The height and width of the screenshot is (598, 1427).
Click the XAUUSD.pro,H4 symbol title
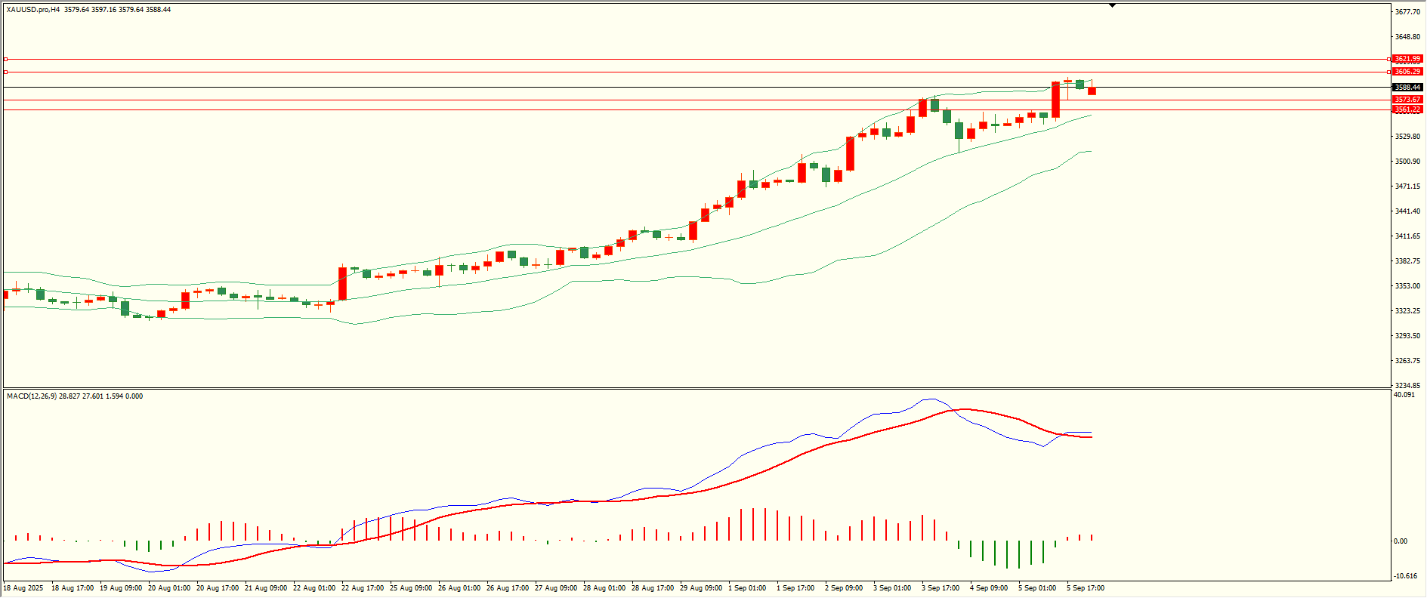click(x=33, y=10)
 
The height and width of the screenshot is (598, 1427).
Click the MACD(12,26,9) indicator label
click(x=31, y=396)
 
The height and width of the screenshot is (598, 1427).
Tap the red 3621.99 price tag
click(x=1407, y=59)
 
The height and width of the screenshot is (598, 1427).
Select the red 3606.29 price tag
click(x=1407, y=72)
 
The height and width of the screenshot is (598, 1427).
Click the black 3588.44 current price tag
click(x=1407, y=88)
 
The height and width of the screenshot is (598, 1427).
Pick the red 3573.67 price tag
click(x=1407, y=100)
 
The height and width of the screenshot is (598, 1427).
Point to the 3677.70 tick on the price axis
click(x=1407, y=12)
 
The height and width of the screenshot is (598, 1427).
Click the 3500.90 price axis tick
click(x=1407, y=162)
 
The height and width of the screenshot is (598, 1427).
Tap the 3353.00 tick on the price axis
click(x=1407, y=286)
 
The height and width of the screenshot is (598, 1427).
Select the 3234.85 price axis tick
click(x=1407, y=385)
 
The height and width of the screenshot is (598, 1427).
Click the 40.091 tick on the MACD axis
click(x=1404, y=395)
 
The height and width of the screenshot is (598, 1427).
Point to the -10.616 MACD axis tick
click(x=1405, y=576)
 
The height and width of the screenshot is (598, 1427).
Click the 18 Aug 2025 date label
click(x=23, y=588)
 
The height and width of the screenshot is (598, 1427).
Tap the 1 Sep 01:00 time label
click(x=746, y=588)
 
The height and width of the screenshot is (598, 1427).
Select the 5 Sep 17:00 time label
click(x=1085, y=588)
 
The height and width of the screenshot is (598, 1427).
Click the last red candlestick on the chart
click(x=1092, y=91)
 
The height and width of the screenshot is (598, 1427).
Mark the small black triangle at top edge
click(x=1112, y=5)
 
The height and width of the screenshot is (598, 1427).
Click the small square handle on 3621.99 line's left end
click(x=5, y=59)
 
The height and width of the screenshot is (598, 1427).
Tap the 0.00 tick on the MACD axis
click(x=1400, y=541)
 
